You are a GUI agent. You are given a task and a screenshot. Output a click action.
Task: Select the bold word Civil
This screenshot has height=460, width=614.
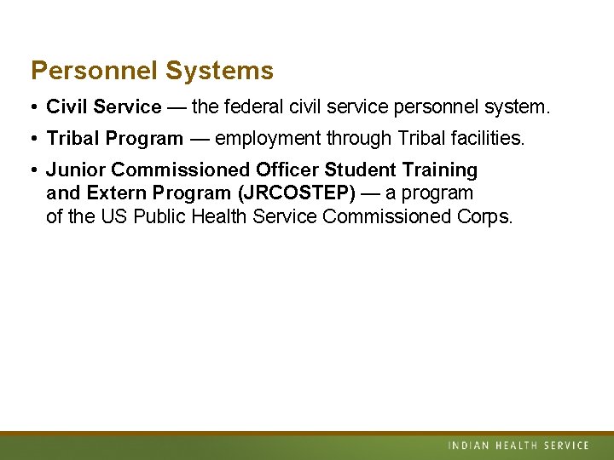coord(67,107)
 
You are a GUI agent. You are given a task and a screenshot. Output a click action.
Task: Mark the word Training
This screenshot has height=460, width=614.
coord(439,170)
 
